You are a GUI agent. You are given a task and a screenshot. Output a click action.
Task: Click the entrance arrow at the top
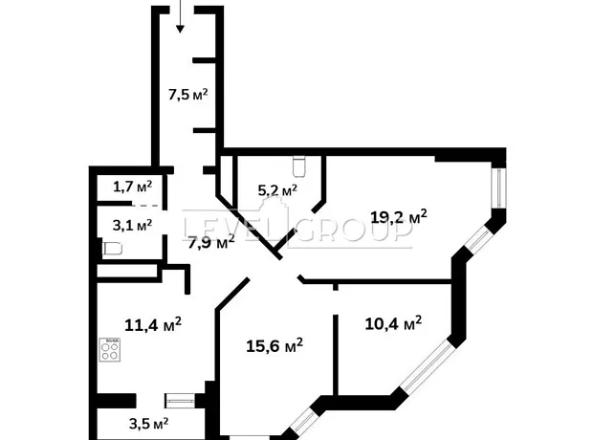pos(180,16)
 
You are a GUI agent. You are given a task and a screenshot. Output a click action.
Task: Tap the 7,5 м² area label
pos(188,94)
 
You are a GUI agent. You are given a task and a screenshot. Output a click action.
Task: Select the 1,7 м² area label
pos(132,187)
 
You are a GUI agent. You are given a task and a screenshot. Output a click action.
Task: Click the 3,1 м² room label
pos(132,226)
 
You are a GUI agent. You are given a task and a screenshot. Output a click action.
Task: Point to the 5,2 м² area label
pos(277,190)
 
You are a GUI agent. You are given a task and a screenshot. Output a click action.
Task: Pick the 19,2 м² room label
pos(399,217)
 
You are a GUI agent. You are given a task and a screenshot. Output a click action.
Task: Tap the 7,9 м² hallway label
pos(211,242)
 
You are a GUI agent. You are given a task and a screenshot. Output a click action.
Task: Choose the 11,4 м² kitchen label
pos(153,324)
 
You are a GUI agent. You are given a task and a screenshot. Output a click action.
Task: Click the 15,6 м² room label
pos(275,345)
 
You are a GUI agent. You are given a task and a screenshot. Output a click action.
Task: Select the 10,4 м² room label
pos(393,323)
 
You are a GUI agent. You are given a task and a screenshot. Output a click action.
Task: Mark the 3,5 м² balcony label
pos(148,424)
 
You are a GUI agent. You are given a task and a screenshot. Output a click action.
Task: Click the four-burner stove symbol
pos(110,349)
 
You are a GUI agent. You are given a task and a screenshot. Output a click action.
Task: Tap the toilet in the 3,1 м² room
pos(113,249)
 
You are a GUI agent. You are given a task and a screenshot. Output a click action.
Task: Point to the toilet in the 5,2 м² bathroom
pos(298,166)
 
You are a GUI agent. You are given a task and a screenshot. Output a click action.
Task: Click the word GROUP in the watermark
pos(354,229)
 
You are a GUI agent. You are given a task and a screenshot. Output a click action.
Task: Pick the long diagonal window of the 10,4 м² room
pos(427,366)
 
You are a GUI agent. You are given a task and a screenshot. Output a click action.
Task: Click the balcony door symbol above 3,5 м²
pos(181,401)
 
